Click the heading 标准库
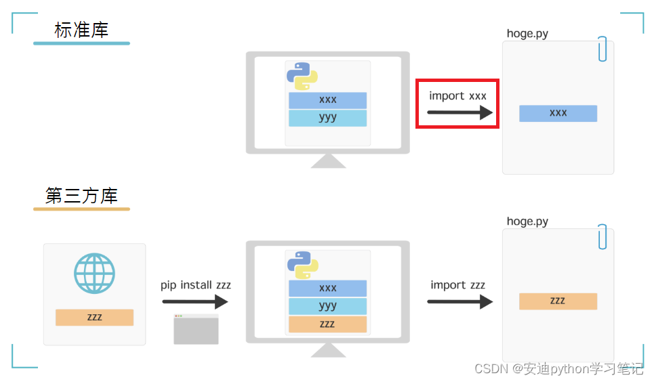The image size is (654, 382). tap(81, 30)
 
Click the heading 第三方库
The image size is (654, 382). tap(81, 196)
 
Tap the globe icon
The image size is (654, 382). tap(94, 274)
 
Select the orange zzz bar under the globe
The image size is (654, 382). tap(94, 317)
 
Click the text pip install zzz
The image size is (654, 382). tap(195, 285)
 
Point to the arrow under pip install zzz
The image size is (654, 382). tap(195, 302)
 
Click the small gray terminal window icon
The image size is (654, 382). tap(196, 329)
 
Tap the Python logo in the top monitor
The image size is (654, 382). tap(302, 76)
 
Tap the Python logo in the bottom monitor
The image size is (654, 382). tap(302, 264)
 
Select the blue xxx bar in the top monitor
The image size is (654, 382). tap(327, 100)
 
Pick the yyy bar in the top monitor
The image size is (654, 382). tap(327, 118)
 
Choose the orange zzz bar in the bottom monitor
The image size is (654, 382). tap(327, 324)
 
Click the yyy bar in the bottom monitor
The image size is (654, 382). tap(327, 306)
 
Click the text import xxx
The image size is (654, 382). tap(457, 95)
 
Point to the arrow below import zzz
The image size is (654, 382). tap(459, 301)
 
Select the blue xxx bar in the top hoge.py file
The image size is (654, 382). tap(558, 113)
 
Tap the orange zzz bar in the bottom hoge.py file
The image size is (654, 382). tap(558, 301)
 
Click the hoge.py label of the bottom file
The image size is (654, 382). tap(527, 221)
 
